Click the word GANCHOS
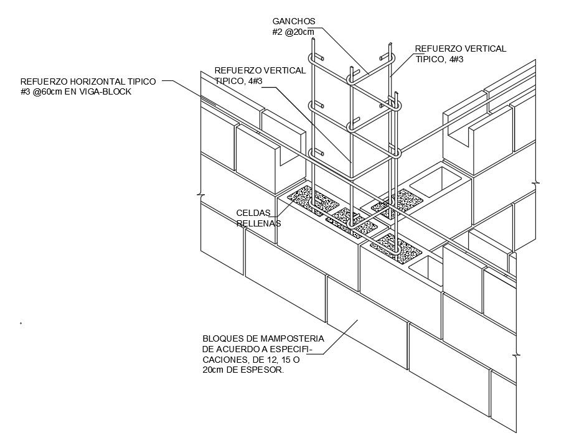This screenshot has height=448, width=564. (x=294, y=21)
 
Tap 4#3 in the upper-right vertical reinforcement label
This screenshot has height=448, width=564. (x=453, y=59)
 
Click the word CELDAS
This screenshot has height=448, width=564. (x=253, y=213)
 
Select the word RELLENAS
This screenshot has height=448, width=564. (x=258, y=223)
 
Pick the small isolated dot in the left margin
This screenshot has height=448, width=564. (x=21, y=323)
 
